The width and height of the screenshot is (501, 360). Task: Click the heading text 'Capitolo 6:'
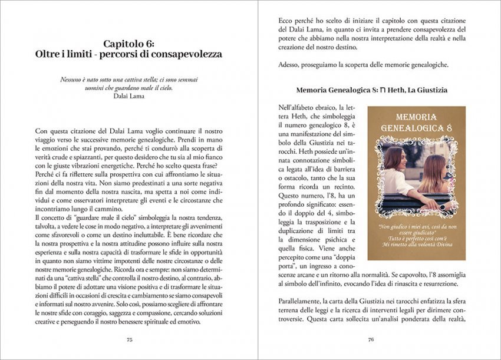129,44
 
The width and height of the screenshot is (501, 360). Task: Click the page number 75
129,339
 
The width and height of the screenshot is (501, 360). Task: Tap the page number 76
371,339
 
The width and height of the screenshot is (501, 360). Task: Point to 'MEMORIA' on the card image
416,117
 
